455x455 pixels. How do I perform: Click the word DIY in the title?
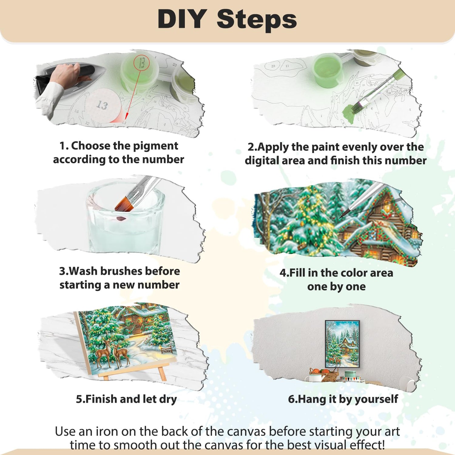pos(182,19)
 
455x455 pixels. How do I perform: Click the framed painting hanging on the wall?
pos(342,344)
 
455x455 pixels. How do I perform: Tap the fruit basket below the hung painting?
pos(324,374)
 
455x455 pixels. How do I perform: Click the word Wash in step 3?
pos(83,271)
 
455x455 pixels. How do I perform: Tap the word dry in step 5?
pos(168,399)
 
